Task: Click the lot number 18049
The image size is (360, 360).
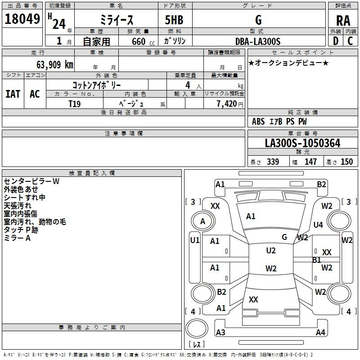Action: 22,19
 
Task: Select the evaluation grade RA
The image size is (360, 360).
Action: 343,21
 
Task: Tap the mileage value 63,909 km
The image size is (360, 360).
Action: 55,65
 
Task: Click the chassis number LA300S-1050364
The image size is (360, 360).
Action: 302,143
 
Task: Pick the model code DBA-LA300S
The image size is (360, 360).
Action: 258,41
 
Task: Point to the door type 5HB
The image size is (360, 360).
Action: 174,20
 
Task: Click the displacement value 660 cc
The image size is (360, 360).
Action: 143,42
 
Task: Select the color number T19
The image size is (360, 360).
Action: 75,104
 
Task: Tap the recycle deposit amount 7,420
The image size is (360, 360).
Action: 227,104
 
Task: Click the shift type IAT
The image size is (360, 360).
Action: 13,94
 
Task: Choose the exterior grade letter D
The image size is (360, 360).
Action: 335,41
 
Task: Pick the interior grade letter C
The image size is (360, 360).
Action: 350,41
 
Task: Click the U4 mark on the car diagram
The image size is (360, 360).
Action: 318,225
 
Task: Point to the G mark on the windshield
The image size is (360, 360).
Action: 284,237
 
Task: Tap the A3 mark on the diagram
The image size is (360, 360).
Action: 220,332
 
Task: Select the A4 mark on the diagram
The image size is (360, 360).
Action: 320,332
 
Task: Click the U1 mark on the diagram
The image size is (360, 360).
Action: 195,240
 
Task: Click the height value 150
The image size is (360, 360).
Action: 346,162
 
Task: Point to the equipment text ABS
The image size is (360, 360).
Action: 258,121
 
